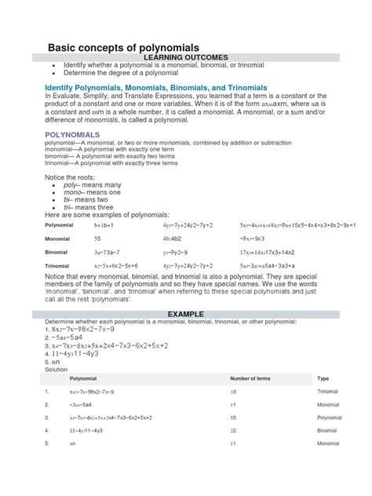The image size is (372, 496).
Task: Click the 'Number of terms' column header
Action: click(250, 377)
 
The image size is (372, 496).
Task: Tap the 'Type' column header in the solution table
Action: click(323, 377)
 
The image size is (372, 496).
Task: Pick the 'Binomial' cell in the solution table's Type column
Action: click(328, 431)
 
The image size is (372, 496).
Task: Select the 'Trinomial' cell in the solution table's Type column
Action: click(328, 390)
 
